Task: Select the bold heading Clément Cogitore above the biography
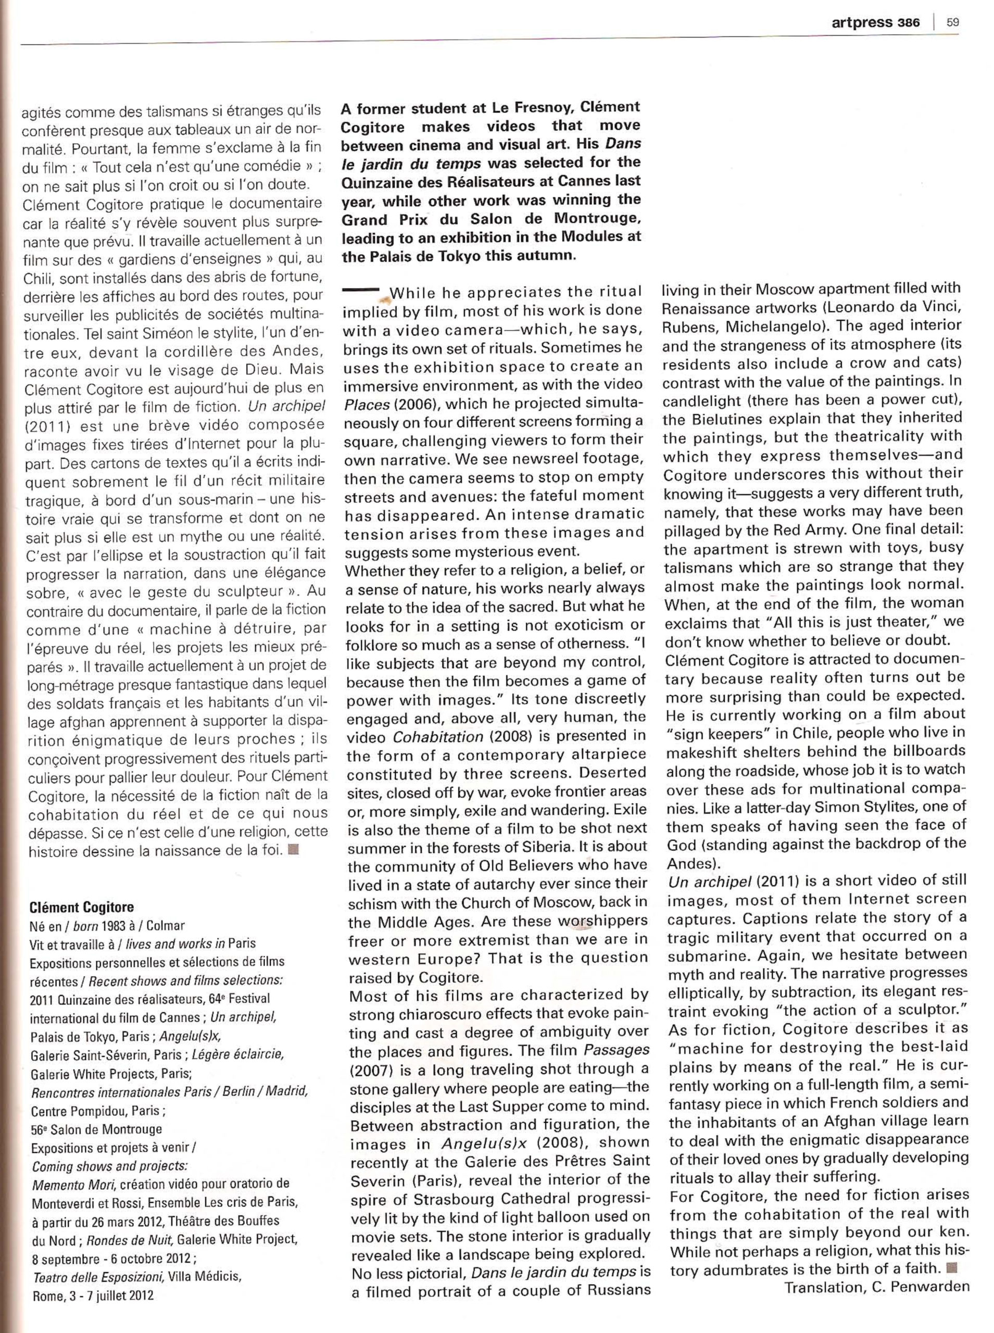[x=81, y=907]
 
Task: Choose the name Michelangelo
[x=769, y=327]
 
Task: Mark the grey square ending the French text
[x=294, y=851]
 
